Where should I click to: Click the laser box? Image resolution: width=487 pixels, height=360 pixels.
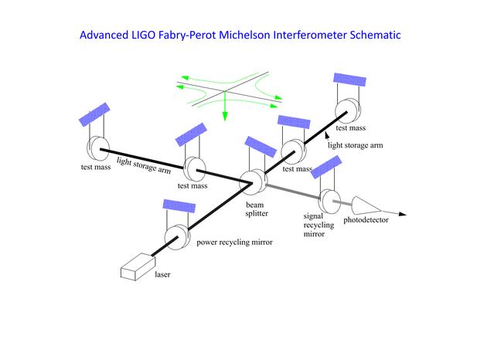(x=138, y=267)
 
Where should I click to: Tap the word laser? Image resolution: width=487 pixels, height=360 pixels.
(x=162, y=274)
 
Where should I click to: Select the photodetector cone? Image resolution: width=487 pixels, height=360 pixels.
(x=366, y=205)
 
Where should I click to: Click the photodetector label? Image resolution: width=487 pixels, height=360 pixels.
(x=366, y=220)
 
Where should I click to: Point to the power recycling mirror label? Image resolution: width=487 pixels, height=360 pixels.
(x=234, y=242)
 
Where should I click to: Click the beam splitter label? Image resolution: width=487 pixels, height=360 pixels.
(x=257, y=209)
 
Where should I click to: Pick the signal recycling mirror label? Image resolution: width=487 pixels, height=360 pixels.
(x=318, y=225)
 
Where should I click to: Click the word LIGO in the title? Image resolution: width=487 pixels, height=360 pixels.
(x=143, y=35)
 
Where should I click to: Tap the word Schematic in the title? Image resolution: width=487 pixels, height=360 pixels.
(x=375, y=35)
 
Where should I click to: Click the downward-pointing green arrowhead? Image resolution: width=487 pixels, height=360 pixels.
(x=225, y=117)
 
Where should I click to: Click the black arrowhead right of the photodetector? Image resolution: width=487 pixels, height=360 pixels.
(x=403, y=214)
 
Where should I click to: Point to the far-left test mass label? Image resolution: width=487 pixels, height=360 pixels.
(x=96, y=167)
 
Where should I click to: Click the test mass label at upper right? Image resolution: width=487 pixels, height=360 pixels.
(x=351, y=128)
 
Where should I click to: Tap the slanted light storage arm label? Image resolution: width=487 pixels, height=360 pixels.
(x=144, y=165)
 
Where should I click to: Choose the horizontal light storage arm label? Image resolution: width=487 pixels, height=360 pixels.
(x=356, y=145)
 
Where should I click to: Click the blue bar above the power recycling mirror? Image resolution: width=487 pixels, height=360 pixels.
(x=179, y=205)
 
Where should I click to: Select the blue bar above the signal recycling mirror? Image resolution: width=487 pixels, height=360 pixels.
(x=326, y=167)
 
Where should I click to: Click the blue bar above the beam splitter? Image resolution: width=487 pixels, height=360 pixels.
(x=261, y=147)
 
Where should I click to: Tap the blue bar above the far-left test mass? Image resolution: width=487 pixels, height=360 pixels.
(x=94, y=114)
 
